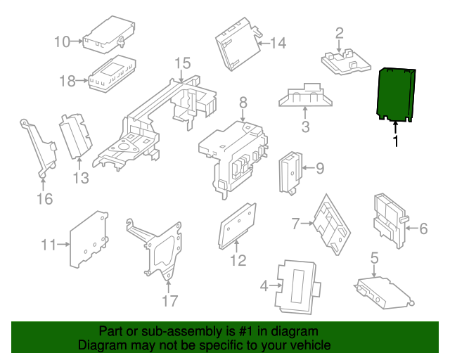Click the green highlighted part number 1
click(396, 94)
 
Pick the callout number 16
click(44, 199)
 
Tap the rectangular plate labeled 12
click(236, 227)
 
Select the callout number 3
click(305, 127)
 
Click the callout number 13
click(81, 178)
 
